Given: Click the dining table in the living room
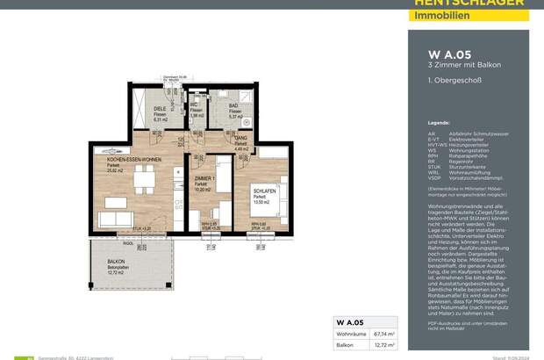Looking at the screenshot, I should coord(140,184).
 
